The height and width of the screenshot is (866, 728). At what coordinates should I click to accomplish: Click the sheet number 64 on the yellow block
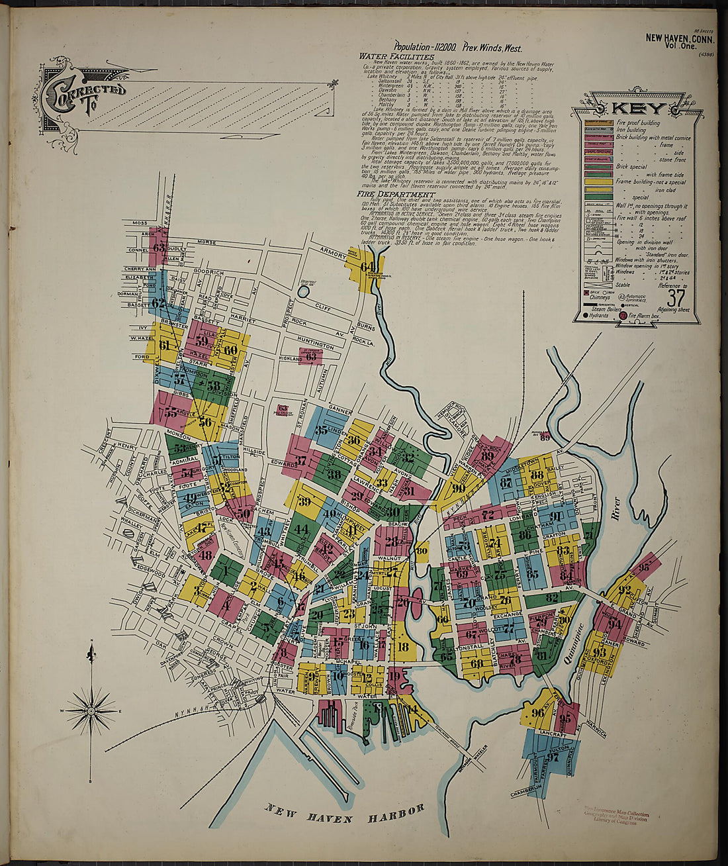pos(368,267)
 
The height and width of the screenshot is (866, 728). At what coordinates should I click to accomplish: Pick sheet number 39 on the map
pos(304,502)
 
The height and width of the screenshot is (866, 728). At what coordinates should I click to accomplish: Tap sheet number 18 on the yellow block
pos(402,647)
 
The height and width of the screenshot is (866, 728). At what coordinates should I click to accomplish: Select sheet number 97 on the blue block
pos(553,757)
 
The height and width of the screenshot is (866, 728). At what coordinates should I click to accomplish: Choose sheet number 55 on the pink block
pos(171,412)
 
